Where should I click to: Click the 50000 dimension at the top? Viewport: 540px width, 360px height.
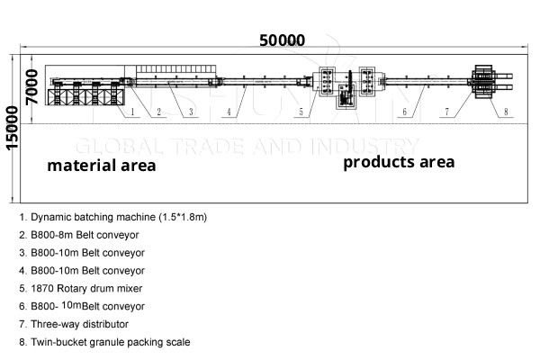click(x=282, y=40)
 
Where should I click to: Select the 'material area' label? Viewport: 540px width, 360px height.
click(x=102, y=166)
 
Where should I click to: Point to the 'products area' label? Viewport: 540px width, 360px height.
click(x=399, y=162)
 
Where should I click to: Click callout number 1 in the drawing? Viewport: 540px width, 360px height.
click(x=131, y=112)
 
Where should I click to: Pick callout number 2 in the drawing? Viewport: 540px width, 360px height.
click(x=158, y=112)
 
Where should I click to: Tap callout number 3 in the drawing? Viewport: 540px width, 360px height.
click(x=191, y=112)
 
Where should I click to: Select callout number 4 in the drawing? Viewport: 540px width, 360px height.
click(x=229, y=112)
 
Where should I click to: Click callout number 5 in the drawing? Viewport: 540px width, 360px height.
click(x=303, y=112)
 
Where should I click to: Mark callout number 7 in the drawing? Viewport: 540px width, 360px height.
click(x=445, y=112)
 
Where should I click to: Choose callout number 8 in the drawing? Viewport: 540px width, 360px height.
click(x=505, y=112)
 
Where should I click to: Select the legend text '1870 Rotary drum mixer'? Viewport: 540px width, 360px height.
click(x=86, y=289)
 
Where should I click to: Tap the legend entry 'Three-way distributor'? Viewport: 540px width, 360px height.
click(x=78, y=324)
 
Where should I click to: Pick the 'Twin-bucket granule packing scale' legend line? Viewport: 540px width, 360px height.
click(x=110, y=342)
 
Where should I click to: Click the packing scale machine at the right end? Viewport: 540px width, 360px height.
click(x=485, y=84)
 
